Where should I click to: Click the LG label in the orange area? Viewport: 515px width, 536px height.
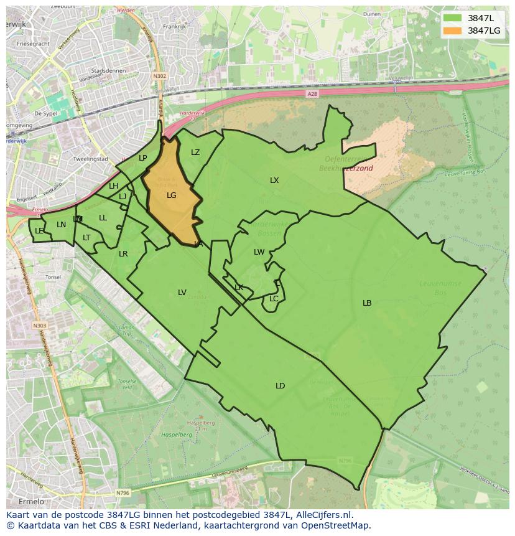click(172, 195)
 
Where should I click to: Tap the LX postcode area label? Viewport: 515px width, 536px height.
click(274, 181)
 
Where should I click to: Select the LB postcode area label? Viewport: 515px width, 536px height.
click(367, 303)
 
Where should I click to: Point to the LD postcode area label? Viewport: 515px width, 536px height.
click(280, 386)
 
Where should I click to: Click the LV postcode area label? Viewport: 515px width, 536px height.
click(182, 293)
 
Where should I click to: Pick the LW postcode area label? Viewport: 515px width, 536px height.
click(259, 252)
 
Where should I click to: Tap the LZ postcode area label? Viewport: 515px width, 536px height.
click(195, 153)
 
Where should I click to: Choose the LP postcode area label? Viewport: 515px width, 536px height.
click(143, 158)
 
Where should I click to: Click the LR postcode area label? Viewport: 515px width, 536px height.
click(123, 254)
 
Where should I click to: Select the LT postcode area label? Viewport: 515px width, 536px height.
click(86, 238)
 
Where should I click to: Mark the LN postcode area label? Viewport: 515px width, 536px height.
click(61, 225)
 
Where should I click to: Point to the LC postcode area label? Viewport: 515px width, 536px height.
click(274, 299)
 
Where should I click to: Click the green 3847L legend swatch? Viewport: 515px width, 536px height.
click(453, 17)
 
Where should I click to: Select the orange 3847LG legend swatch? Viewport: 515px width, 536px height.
click(453, 31)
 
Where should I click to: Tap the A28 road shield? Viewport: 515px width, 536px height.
click(312, 93)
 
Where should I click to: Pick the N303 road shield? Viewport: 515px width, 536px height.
click(39, 326)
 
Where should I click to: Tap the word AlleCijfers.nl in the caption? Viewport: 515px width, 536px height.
click(324, 515)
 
